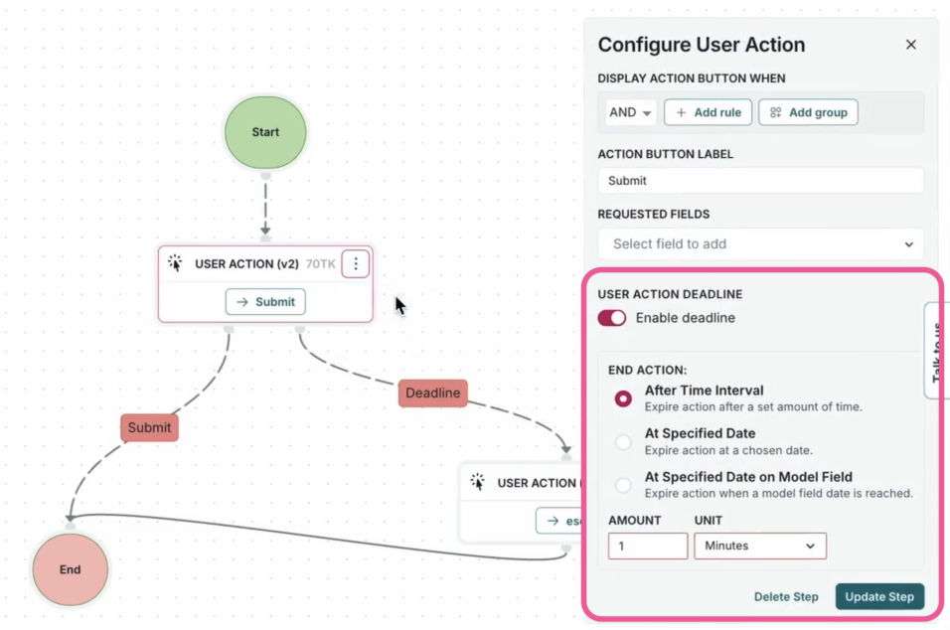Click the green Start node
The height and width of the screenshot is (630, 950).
[x=265, y=132]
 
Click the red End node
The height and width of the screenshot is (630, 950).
[x=70, y=569]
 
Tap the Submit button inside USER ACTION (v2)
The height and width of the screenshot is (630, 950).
[x=265, y=302]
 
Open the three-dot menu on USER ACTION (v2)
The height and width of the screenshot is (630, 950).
[x=356, y=264]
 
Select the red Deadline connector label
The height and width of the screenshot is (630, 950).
[x=433, y=393]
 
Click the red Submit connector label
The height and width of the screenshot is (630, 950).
[x=149, y=427]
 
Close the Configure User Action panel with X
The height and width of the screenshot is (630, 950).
[x=910, y=45]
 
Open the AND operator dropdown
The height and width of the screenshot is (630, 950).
[x=631, y=112]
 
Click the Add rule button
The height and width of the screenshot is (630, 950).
[x=708, y=112]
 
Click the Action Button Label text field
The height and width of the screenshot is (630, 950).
[x=760, y=181]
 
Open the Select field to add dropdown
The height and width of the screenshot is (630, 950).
[x=760, y=243]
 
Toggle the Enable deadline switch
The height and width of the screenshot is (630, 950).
[x=612, y=318]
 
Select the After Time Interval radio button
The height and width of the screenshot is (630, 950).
[x=623, y=398]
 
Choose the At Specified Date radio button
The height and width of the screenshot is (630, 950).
[x=623, y=441]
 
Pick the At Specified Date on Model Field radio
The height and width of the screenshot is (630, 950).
[x=623, y=485]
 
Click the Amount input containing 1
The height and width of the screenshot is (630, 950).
[x=648, y=546]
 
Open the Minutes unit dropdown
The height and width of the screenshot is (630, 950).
[x=759, y=546]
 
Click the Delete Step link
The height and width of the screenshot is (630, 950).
[x=786, y=597]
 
